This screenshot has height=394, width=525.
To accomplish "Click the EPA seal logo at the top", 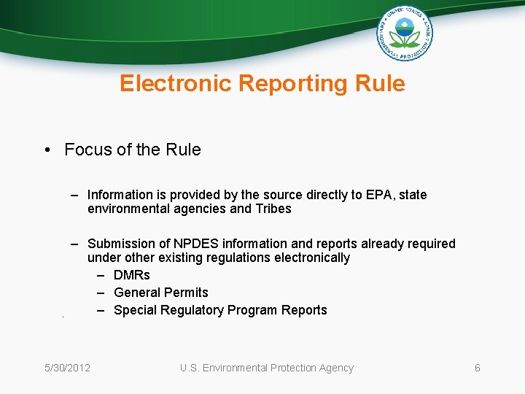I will [405, 34].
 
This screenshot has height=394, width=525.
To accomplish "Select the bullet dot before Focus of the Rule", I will [46, 150].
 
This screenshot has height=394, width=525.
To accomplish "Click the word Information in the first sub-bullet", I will [120, 195].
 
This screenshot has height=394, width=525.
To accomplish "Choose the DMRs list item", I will [132, 275].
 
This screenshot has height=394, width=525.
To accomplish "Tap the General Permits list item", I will [161, 293].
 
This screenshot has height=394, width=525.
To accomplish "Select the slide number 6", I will [478, 368].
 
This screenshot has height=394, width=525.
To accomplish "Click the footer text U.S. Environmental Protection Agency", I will [267, 368].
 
